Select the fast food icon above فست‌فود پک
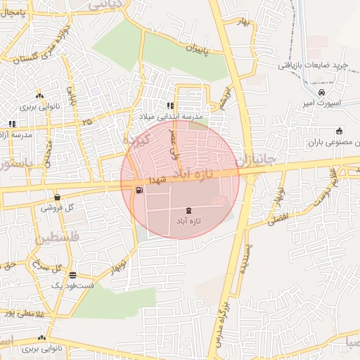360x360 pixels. tap(72, 276)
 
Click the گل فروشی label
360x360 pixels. tap(58, 207)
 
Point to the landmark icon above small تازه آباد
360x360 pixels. tap(188, 210)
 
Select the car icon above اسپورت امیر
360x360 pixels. tap(321, 92)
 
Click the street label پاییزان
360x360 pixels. tap(198, 49)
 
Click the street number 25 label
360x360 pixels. tap(86, 122)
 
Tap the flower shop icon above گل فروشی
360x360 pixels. tap(57, 198)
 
